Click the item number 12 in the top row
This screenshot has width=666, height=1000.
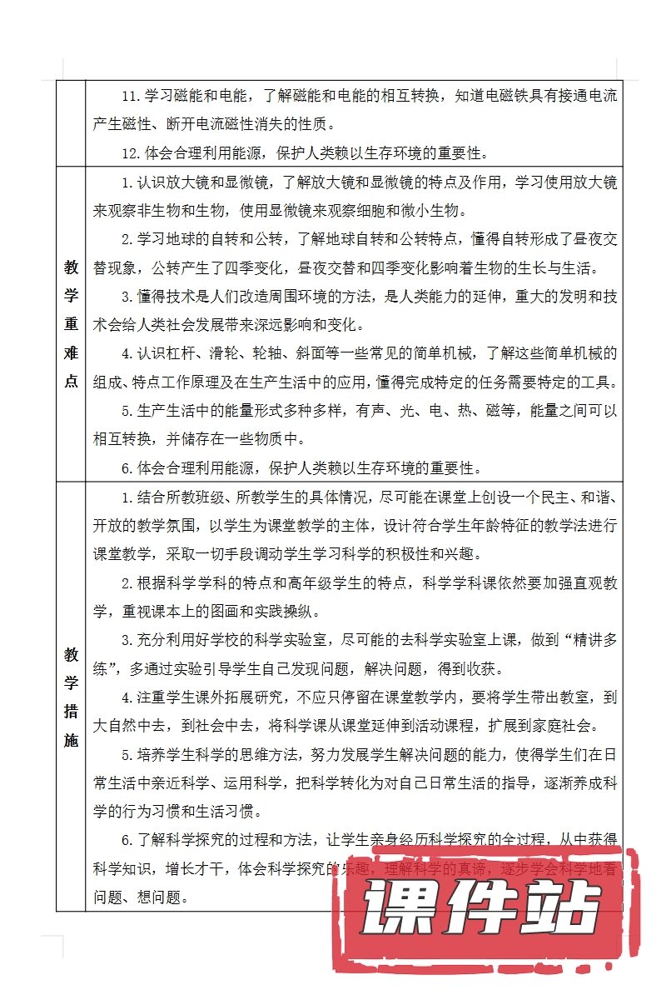pyautogui.click(x=129, y=152)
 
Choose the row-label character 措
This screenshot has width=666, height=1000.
pyautogui.click(x=71, y=711)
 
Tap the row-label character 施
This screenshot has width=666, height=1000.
pyautogui.click(x=71, y=739)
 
